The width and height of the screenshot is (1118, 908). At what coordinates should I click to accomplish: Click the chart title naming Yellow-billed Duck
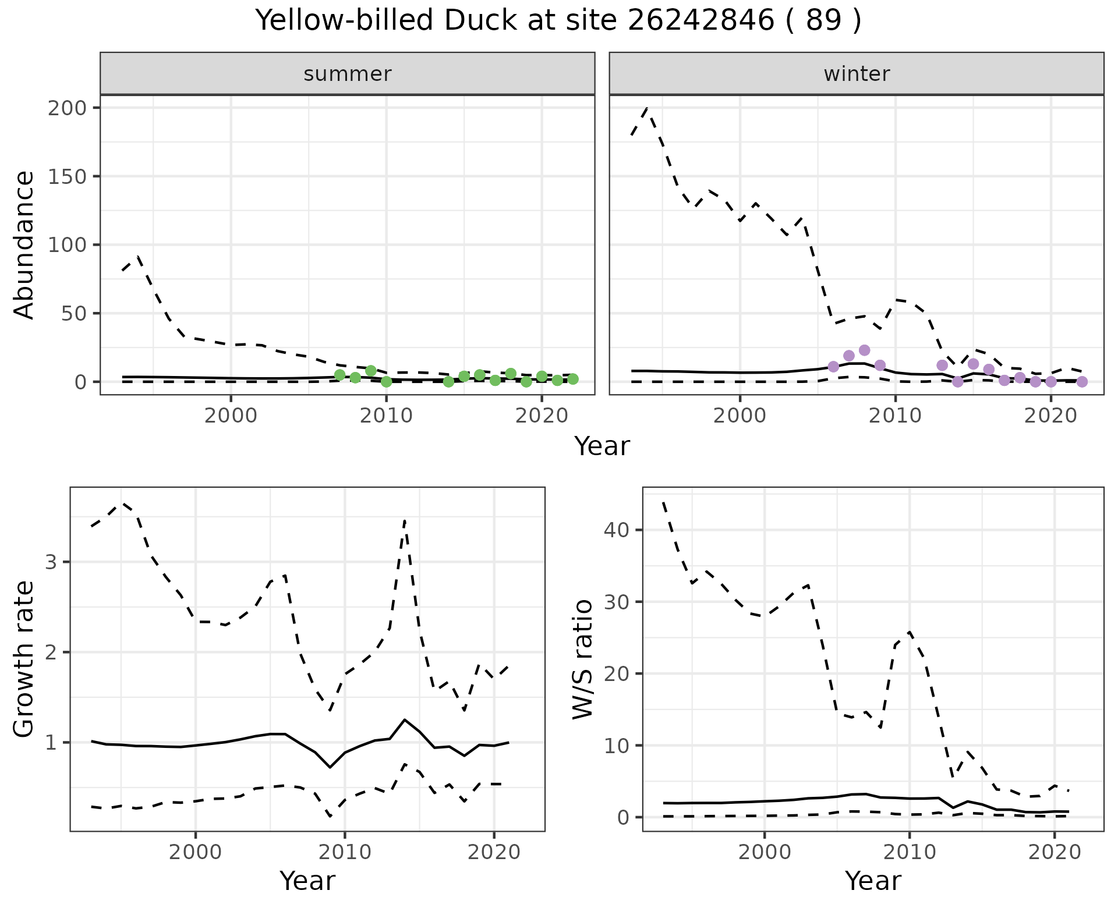pos(558,21)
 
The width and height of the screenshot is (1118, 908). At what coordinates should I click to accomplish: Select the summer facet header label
pos(348,74)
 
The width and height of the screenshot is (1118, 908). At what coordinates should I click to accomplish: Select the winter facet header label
pos(857,74)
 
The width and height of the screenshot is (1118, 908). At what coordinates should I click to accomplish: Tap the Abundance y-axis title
pos(24,244)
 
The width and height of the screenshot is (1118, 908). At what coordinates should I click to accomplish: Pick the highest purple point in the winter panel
pos(864,350)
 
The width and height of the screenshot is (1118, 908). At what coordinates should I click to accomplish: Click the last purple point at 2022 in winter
pos(1082,382)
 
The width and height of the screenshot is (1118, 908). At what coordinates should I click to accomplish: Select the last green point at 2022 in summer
pos(573,379)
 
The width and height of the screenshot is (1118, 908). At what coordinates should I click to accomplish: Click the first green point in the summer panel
pos(339,375)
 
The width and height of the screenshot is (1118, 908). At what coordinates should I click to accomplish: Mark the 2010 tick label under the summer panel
pos(386,416)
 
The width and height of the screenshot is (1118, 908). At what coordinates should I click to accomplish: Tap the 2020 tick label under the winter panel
pos(1050,416)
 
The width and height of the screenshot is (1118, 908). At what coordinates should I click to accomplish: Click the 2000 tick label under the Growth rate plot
pos(196,853)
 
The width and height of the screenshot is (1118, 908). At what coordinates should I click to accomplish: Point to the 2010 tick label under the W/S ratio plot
pos(909,853)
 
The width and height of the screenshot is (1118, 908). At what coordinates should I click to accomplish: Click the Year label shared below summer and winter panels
pos(602,446)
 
